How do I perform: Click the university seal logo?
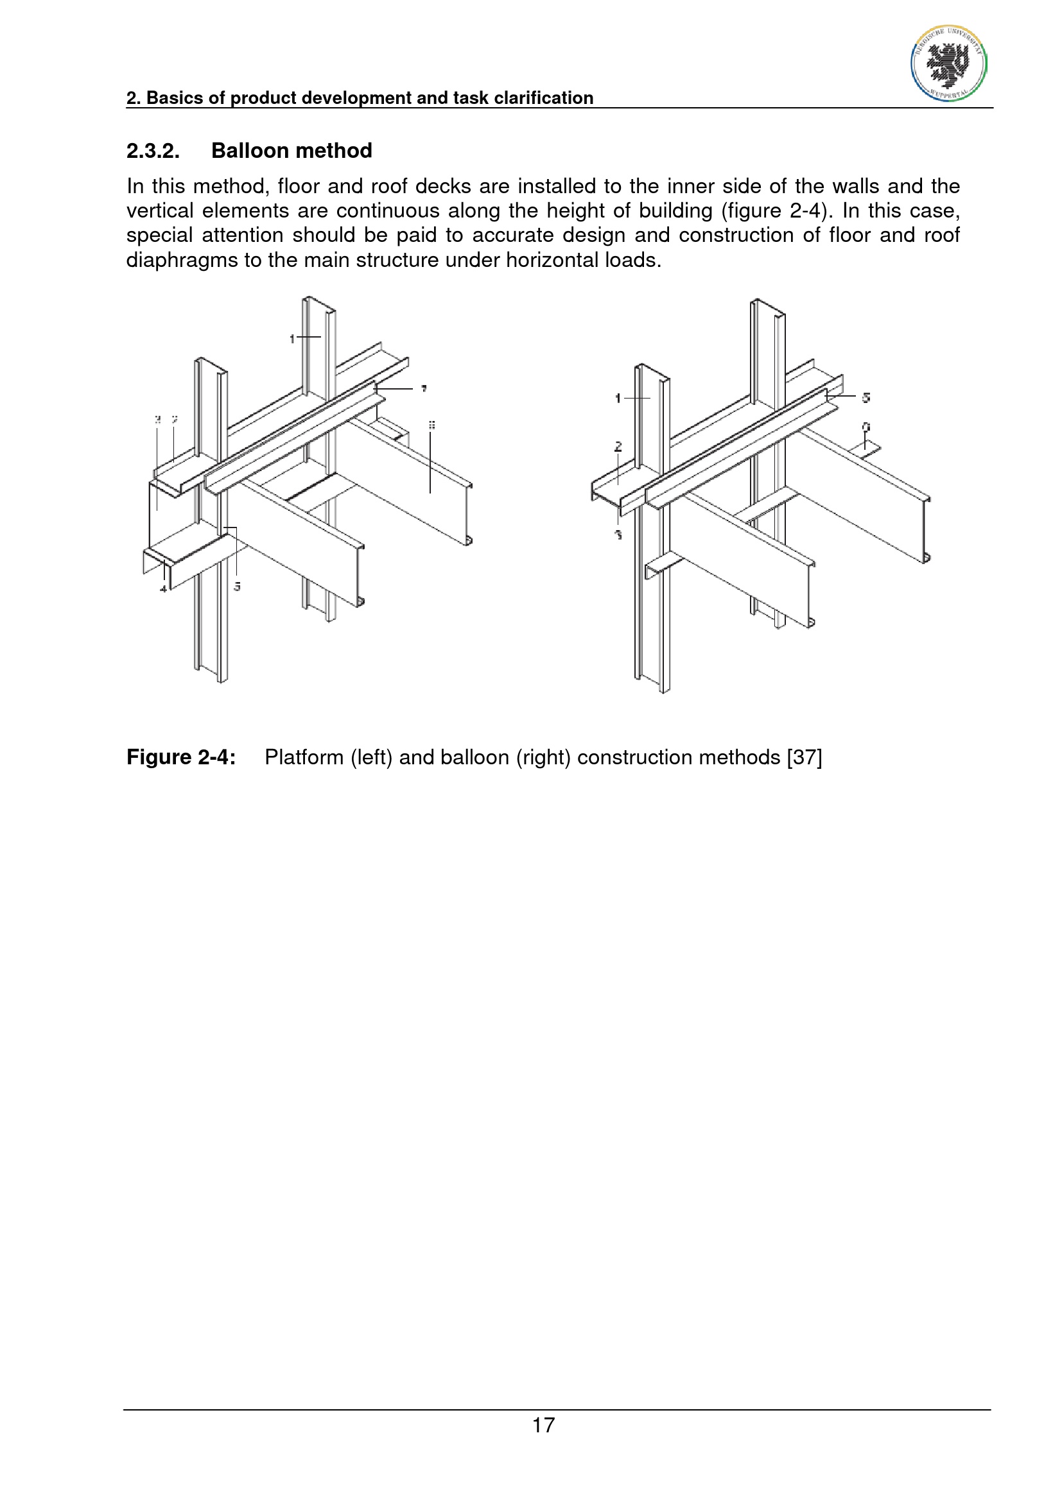(948, 64)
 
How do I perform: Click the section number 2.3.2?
(153, 151)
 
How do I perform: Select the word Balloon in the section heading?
(251, 151)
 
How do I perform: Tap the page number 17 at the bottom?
(543, 1425)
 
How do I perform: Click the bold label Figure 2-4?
(181, 757)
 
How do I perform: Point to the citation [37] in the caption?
(805, 757)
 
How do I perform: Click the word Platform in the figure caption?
(304, 757)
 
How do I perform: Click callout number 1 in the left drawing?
(292, 339)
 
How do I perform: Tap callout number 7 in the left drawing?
(424, 389)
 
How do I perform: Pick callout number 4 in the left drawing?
(164, 589)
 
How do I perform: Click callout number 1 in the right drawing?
(618, 398)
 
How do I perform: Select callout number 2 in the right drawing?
(618, 447)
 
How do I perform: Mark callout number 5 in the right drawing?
(866, 397)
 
